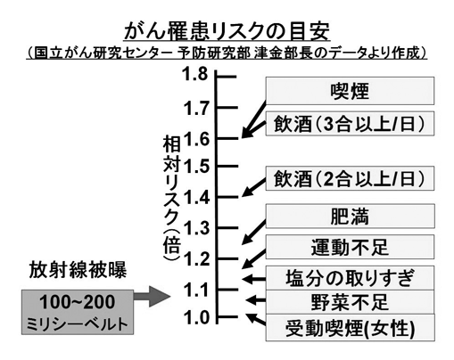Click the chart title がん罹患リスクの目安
pos(227,31)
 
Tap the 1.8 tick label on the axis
pos(195,74)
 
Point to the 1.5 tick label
pos(196,166)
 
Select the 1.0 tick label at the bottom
pos(196,317)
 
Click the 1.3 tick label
pos(196,228)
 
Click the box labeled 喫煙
pos(350,91)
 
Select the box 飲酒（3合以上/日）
pos(350,124)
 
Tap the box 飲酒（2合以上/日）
pos(350,178)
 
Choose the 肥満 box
pos(350,216)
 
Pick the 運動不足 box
pos(350,247)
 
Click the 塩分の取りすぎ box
pos(350,278)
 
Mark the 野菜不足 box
pos(350,302)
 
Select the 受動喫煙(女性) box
pos(350,327)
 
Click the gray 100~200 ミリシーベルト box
pos(78,312)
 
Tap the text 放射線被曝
pos(78,270)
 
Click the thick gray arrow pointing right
pos(152,296)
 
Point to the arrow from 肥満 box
pos(253,233)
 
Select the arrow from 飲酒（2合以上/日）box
pos(253,188)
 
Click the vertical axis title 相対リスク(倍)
pos(172,199)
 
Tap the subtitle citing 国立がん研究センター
pos(227,53)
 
